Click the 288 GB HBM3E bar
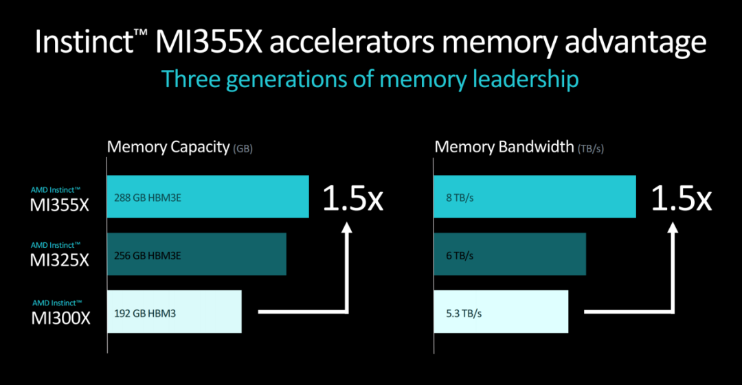pyautogui.click(x=207, y=197)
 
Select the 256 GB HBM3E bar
pyautogui.click(x=196, y=254)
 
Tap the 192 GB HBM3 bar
pyautogui.click(x=174, y=312)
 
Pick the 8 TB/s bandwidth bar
pyautogui.click(x=535, y=197)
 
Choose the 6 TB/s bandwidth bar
pyautogui.click(x=510, y=254)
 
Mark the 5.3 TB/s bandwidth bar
pyautogui.click(x=501, y=312)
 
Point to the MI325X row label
pyautogui.click(x=59, y=255)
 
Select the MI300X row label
pyautogui.click(x=60, y=313)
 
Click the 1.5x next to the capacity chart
pyautogui.click(x=352, y=198)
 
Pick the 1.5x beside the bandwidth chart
pyautogui.click(x=681, y=198)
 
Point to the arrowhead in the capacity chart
pyautogui.click(x=347, y=228)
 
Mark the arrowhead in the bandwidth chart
pyautogui.click(x=673, y=228)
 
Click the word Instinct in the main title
pyautogui.click(x=85, y=42)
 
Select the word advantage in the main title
pyautogui.click(x=636, y=43)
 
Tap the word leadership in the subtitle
pyautogui.click(x=526, y=80)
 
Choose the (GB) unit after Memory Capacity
pyautogui.click(x=243, y=148)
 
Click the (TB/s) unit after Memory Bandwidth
pyautogui.click(x=591, y=148)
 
